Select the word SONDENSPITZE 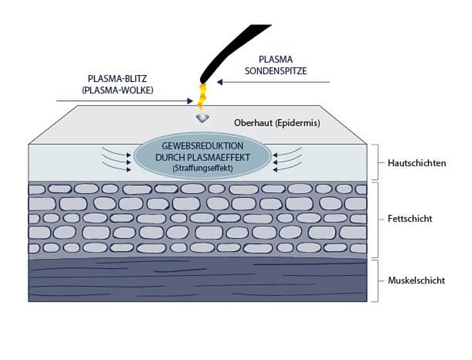coord(276,71)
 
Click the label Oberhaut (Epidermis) coord(277,123)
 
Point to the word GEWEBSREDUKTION coord(203,146)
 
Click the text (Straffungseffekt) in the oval coord(203,168)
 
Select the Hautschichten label coord(417,163)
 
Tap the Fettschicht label coord(410,219)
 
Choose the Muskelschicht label coord(416,280)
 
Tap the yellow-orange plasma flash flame coord(201,97)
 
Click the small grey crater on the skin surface coord(203,117)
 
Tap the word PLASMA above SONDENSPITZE coord(276,60)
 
